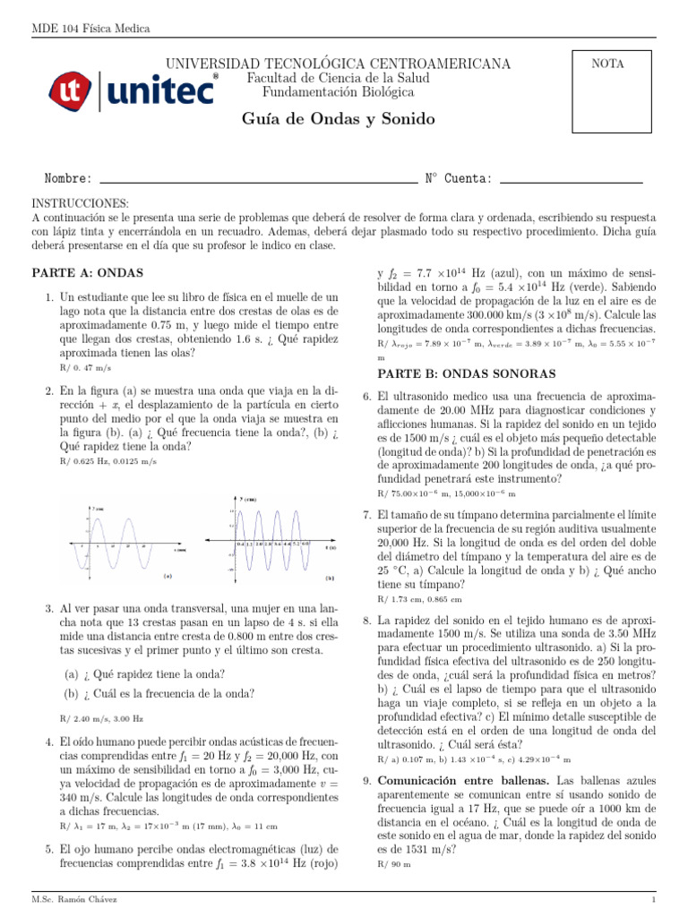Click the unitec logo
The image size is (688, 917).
[132, 90]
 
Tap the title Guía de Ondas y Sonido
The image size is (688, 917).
[338, 119]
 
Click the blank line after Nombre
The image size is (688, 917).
[259, 181]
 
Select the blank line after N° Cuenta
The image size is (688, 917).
[571, 181]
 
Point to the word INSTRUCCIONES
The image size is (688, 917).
[81, 204]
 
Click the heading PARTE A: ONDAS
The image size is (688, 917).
[87, 272]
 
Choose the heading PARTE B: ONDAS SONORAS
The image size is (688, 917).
[467, 373]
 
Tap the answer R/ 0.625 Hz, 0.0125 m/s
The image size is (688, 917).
[107, 461]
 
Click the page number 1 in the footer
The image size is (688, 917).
[654, 897]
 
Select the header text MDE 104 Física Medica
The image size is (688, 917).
[90, 29]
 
